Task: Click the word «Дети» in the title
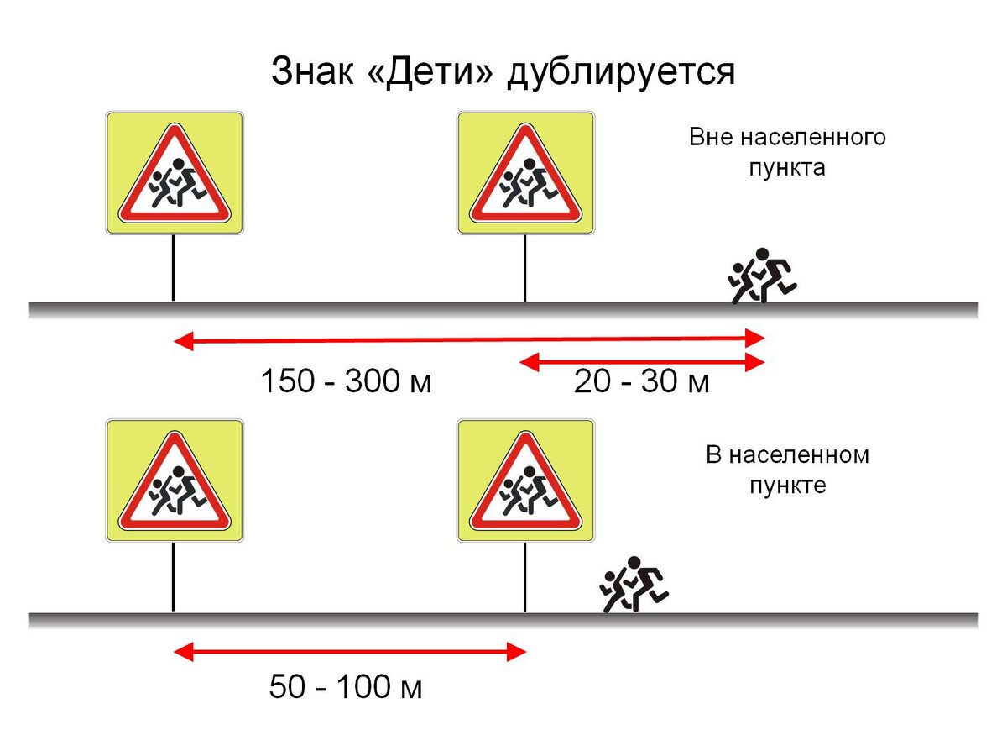pyautogui.click(x=430, y=71)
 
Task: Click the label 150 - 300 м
pyautogui.click(x=346, y=382)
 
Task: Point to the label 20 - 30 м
pyautogui.click(x=642, y=382)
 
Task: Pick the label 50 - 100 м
pyautogui.click(x=346, y=688)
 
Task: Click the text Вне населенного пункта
pyautogui.click(x=787, y=152)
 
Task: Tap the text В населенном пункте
pyautogui.click(x=787, y=470)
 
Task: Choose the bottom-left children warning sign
pyautogui.click(x=174, y=480)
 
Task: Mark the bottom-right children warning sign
pyautogui.click(x=525, y=480)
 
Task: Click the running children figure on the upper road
pyautogui.click(x=760, y=276)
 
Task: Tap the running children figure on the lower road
pyautogui.click(x=634, y=585)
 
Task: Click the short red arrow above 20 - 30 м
pyautogui.click(x=642, y=362)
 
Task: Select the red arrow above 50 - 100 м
pyautogui.click(x=349, y=651)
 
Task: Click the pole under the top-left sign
pyautogui.click(x=173, y=267)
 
